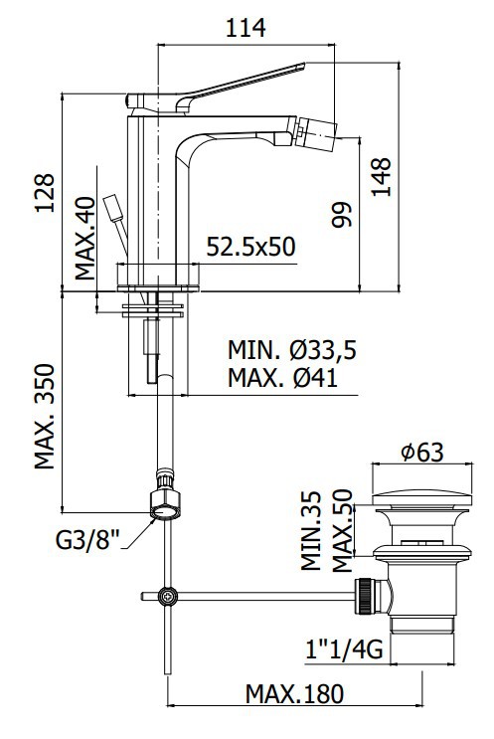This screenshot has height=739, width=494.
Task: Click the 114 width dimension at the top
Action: pyautogui.click(x=246, y=28)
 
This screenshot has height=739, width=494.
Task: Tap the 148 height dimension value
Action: pyautogui.click(x=381, y=177)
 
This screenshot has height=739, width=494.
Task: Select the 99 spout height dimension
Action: pyautogui.click(x=341, y=215)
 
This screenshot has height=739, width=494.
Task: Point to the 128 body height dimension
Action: pyautogui.click(x=45, y=193)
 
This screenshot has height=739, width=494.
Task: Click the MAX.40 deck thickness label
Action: pyautogui.click(x=85, y=238)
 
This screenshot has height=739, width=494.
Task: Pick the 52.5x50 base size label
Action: pyautogui.click(x=251, y=247)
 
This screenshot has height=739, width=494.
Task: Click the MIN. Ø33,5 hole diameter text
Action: pyautogui.click(x=292, y=350)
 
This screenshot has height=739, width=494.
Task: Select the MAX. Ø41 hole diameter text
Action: pyautogui.click(x=283, y=378)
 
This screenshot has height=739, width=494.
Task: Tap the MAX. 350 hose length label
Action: pyautogui.click(x=45, y=416)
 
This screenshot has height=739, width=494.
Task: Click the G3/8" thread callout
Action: pyautogui.click(x=88, y=540)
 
